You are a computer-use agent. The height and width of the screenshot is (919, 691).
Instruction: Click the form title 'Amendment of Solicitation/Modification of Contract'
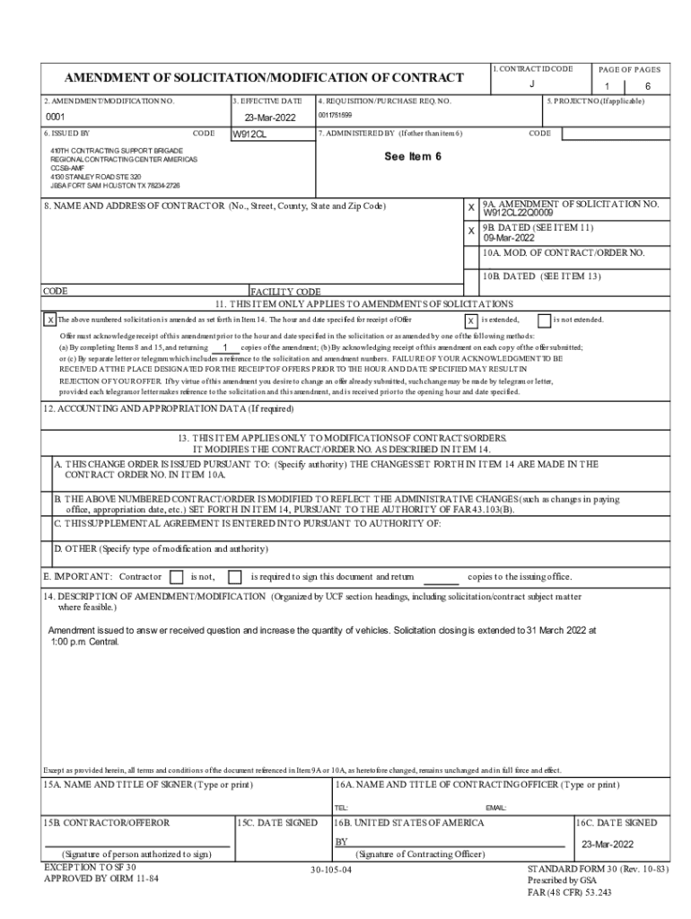coord(264,78)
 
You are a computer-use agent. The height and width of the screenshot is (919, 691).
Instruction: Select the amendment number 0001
coord(57,118)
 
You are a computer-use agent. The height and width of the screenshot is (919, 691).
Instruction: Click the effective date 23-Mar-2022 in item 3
coord(270,118)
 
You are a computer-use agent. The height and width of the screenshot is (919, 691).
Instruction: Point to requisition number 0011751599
coord(335,116)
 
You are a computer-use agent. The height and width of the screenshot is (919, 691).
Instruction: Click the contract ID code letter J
coord(532,83)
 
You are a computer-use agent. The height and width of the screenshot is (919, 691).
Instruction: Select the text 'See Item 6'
coord(413,156)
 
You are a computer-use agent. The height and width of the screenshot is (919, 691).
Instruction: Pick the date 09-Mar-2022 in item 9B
coord(509,239)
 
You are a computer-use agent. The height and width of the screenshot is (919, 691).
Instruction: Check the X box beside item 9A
coord(471,207)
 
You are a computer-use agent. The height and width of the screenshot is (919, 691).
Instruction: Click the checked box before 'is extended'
coord(471,320)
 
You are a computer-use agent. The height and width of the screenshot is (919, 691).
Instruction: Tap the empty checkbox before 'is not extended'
coord(544,320)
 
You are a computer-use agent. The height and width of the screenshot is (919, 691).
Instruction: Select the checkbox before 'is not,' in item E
coord(177,577)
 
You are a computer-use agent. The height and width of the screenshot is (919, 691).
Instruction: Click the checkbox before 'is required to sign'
coord(235,577)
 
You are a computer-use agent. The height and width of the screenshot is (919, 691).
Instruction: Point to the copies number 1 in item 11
coord(224,346)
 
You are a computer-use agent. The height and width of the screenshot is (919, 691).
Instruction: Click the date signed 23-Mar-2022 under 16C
coord(608,845)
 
